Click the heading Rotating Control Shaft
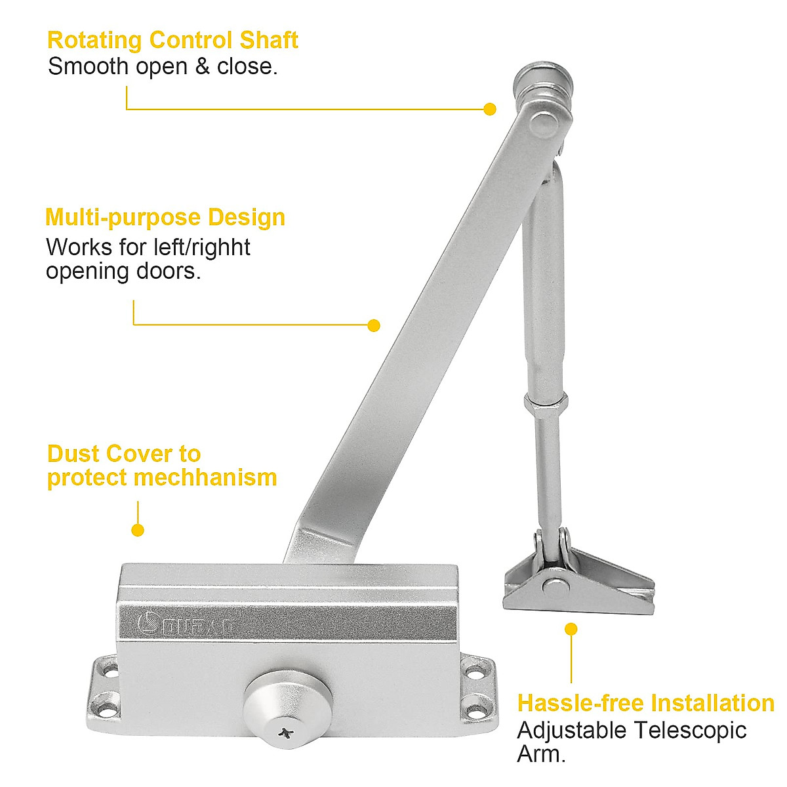click(172, 41)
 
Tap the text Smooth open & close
click(163, 67)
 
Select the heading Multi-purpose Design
click(165, 218)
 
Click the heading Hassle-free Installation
click(645, 703)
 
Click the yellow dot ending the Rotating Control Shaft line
click(489, 109)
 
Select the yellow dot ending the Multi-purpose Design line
click(374, 325)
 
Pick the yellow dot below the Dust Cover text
click(138, 530)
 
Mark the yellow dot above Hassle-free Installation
click(571, 629)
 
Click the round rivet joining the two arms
click(542, 123)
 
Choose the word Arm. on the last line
click(541, 754)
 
